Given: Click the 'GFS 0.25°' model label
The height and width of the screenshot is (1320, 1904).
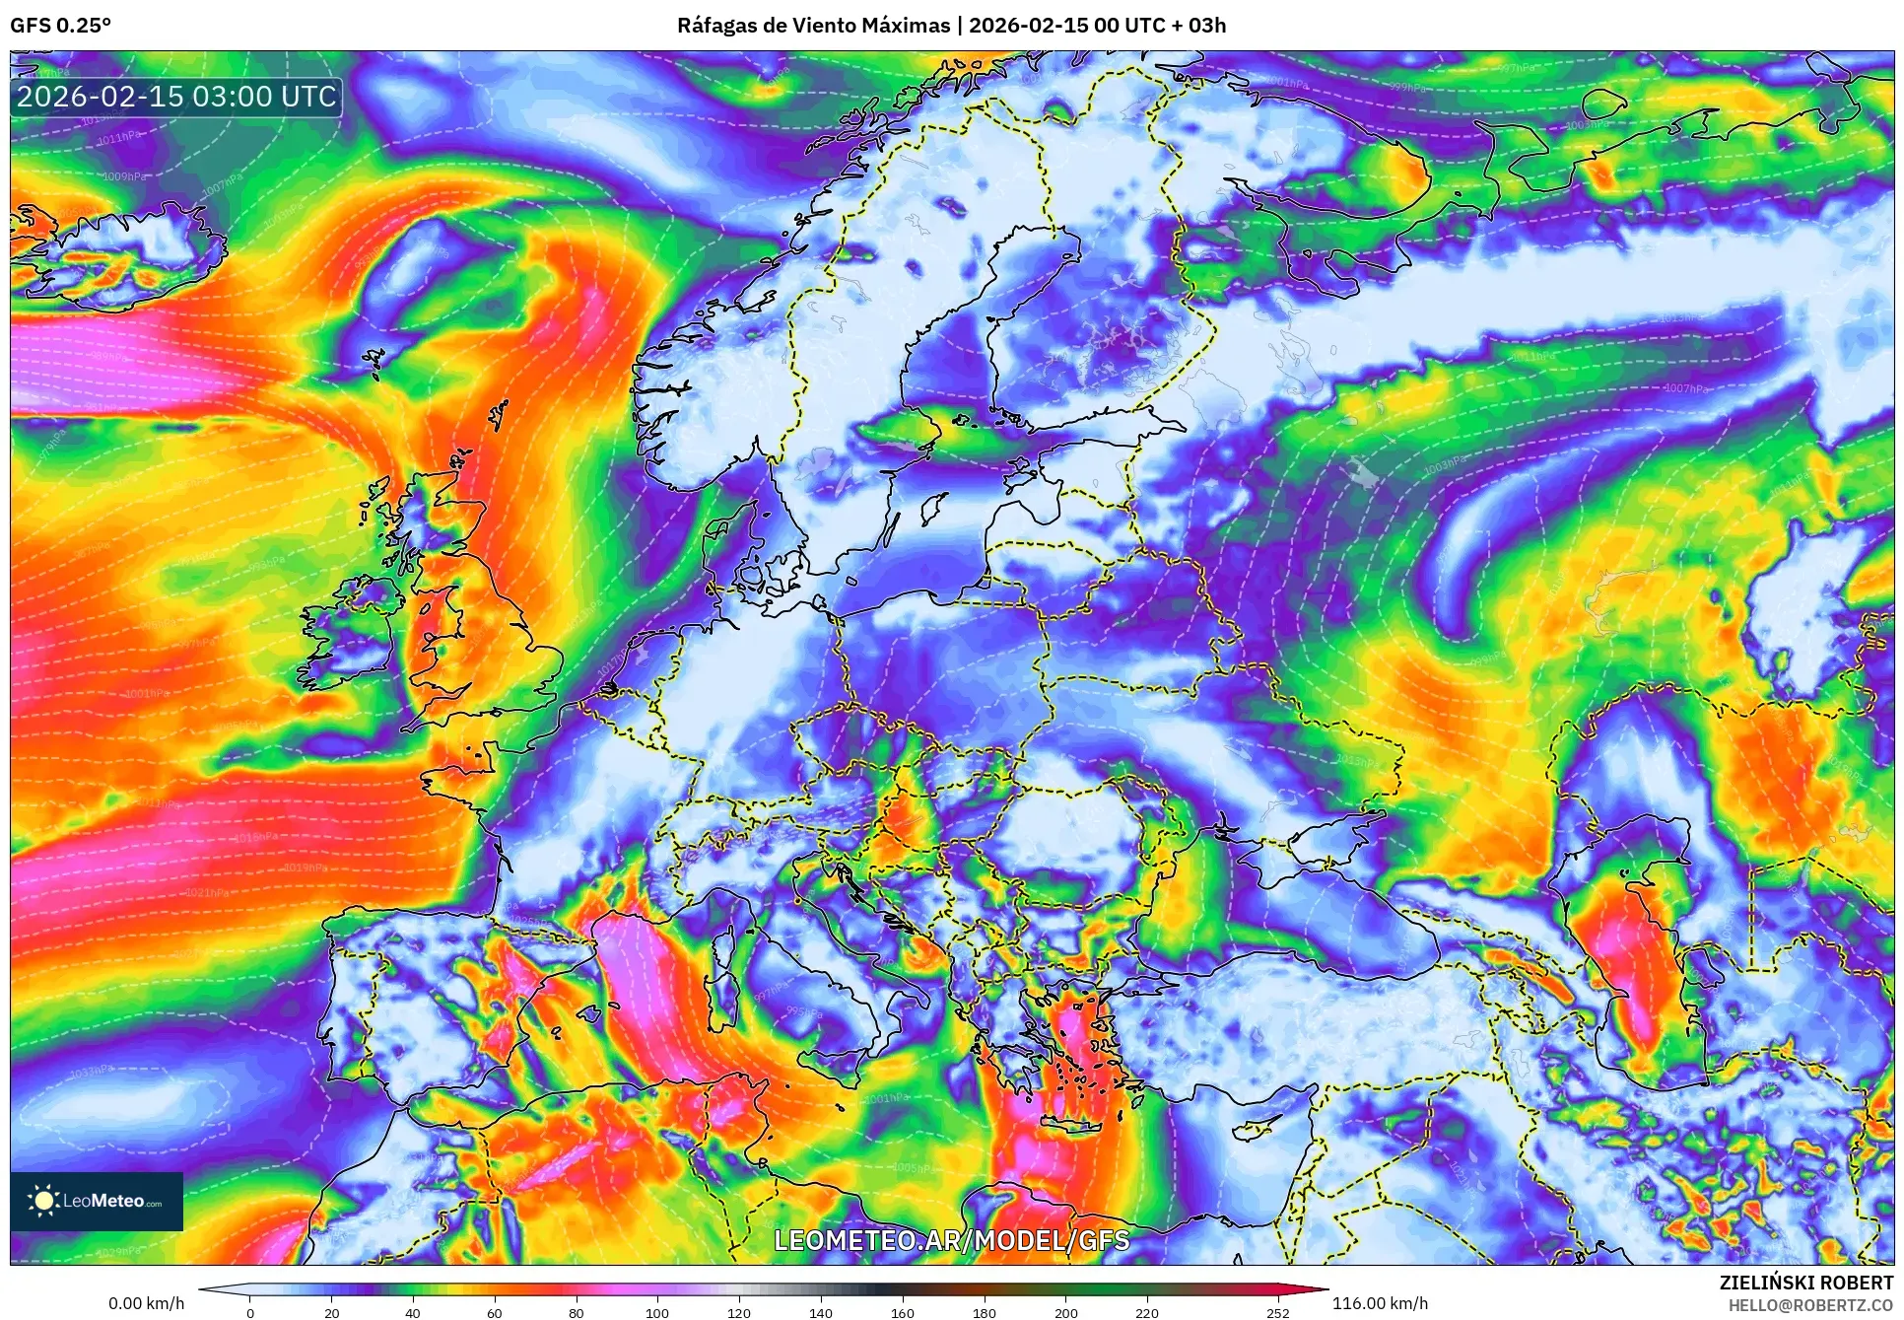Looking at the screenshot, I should (60, 26).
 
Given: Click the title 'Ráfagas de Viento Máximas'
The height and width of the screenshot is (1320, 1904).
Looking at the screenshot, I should (813, 26).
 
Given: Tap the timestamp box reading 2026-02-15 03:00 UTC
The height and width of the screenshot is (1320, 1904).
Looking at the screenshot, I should (176, 97).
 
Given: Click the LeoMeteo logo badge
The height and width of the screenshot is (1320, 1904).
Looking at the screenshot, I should (97, 1201).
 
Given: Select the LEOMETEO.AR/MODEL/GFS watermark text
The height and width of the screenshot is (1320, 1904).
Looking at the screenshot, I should (951, 1240).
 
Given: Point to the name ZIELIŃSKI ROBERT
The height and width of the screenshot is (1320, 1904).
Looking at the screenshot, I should (1806, 1283).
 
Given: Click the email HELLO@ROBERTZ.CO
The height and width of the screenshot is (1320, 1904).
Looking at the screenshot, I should (1810, 1305).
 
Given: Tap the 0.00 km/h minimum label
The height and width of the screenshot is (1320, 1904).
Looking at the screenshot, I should (146, 1303).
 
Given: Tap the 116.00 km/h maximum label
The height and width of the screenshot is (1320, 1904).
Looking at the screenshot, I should (1380, 1303).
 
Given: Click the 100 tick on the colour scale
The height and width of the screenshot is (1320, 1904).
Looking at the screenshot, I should (657, 1312).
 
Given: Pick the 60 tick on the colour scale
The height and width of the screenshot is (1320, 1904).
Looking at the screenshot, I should (494, 1312).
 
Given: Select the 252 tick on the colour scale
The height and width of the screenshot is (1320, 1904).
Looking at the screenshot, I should (1277, 1312).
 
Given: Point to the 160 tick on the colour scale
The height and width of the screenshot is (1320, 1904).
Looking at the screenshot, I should (902, 1312).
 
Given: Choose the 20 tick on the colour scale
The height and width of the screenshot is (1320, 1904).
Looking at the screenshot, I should (331, 1312).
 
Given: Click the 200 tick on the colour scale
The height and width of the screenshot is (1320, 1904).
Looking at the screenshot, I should (1065, 1312).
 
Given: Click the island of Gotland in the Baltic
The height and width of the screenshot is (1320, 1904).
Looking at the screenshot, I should (928, 509).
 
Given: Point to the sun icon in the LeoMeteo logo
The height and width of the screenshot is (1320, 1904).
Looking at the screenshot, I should (43, 1201).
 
